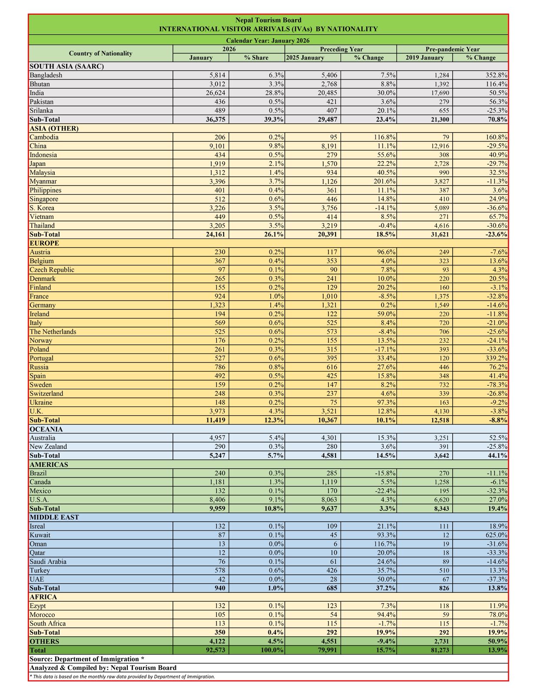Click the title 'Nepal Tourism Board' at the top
click(x=268, y=20)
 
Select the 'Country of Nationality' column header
click(x=100, y=53)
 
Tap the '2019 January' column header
click(x=424, y=58)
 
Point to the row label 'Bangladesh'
click(x=46, y=75)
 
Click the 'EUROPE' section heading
click(x=44, y=243)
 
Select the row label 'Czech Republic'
click(x=52, y=270)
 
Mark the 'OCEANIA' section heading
click(x=46, y=429)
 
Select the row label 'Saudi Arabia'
click(x=48, y=562)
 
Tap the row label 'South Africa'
click(x=48, y=624)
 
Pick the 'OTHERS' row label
click(x=44, y=642)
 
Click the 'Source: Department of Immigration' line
click(x=87, y=659)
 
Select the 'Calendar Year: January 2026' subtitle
click(x=268, y=40)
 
